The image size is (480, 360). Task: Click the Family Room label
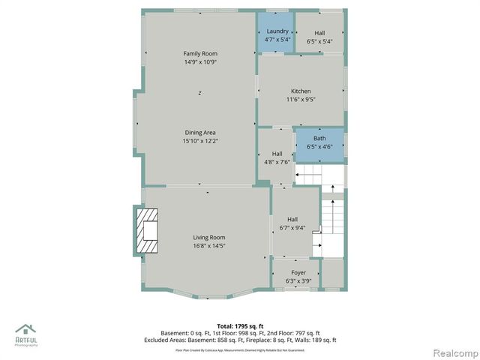[199, 53]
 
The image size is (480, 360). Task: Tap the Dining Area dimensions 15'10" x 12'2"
[199, 141]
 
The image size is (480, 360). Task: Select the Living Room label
[208, 237]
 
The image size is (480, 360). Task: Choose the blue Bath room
[319, 142]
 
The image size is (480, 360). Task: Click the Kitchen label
[300, 91]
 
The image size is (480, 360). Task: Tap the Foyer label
[298, 273]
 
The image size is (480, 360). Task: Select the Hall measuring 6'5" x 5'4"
[319, 37]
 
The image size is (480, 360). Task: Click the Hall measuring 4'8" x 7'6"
[277, 157]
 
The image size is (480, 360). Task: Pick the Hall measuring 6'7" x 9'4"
[292, 223]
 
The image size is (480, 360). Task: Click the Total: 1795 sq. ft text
[240, 326]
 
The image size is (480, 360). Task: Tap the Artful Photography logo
[26, 335]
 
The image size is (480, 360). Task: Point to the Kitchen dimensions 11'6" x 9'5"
[300, 99]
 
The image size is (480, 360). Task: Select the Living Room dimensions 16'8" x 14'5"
[208, 245]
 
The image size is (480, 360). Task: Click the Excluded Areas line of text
[240, 340]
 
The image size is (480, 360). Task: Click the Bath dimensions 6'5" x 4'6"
[319, 147]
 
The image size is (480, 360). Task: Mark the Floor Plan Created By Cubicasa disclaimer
[240, 349]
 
